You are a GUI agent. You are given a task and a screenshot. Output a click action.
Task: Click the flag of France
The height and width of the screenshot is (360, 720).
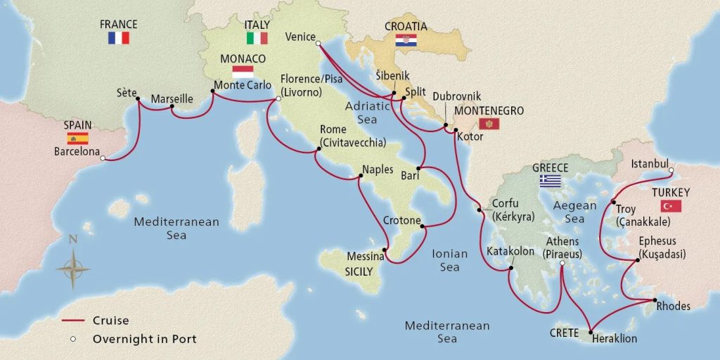[x=118, y=38]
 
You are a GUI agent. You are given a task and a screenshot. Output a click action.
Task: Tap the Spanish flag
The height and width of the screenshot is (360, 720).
[x=77, y=139]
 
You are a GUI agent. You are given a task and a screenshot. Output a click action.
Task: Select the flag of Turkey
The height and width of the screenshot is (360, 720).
[x=671, y=205]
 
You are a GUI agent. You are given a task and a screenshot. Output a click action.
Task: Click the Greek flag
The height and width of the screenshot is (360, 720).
[x=550, y=181]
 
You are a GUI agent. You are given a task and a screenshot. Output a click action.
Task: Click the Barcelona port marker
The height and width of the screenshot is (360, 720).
[x=103, y=159]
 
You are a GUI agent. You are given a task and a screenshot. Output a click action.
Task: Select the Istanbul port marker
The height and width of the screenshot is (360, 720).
[x=671, y=170]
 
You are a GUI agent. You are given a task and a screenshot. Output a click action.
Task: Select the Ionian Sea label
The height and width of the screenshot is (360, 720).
[x=444, y=261]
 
